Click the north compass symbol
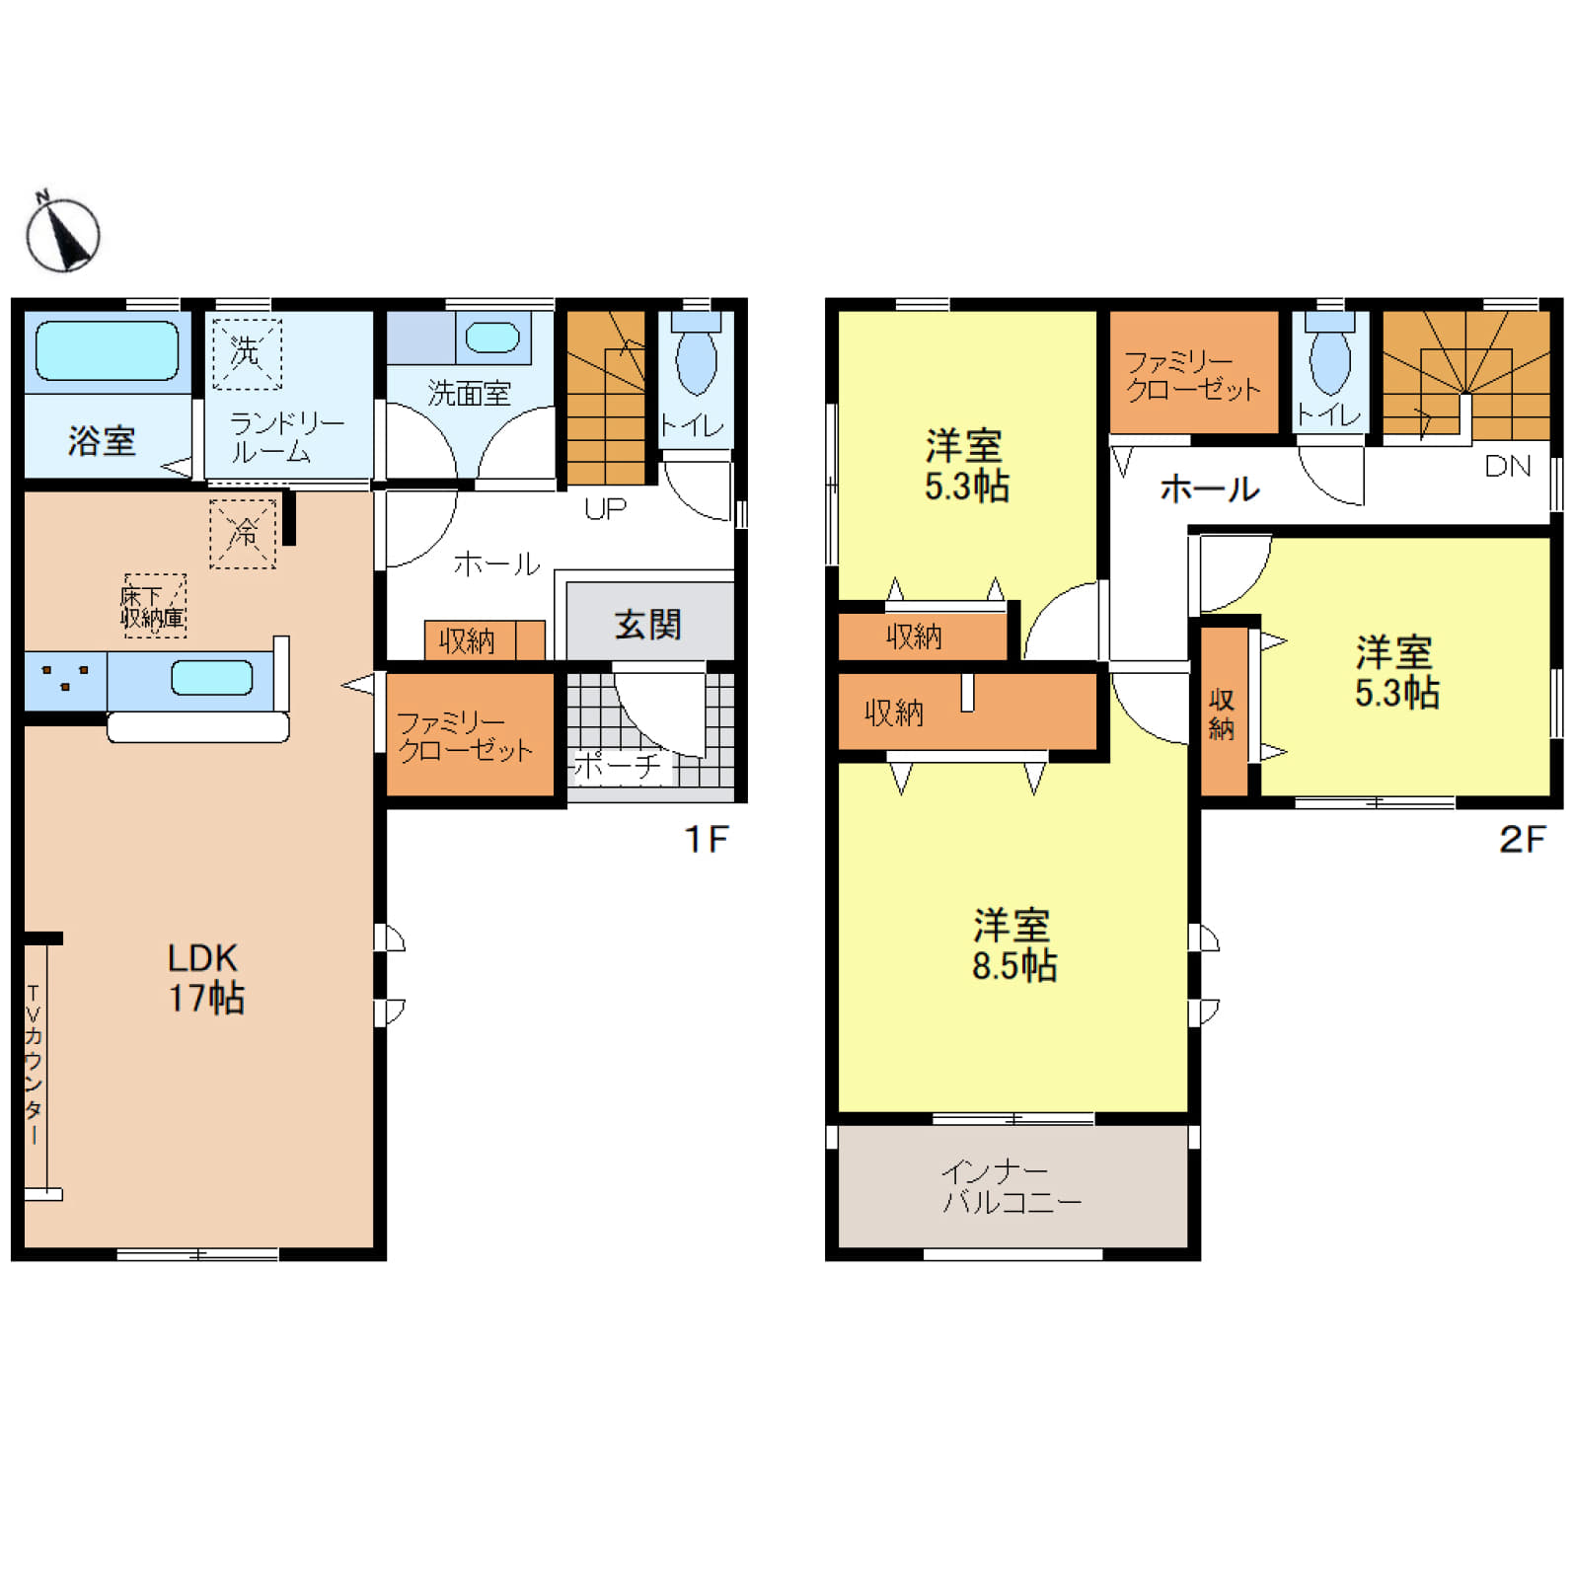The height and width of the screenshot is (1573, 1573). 62,235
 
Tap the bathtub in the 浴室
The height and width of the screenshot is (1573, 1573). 107,350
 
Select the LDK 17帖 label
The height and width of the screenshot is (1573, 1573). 205,978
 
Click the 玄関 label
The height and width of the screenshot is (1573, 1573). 647,625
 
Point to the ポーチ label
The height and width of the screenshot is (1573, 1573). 618,766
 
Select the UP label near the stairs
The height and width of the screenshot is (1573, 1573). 605,509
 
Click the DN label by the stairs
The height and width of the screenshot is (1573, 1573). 1507,467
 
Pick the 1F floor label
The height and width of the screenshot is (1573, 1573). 707,840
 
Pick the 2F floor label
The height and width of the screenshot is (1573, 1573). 1522,840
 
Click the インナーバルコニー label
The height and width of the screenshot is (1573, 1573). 1011,1187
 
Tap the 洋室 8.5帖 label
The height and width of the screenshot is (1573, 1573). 1013,945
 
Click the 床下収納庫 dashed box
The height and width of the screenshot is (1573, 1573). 155,606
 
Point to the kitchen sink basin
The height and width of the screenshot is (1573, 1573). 211,678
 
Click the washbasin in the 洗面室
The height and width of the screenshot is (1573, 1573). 492,337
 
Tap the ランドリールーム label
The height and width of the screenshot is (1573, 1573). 286,437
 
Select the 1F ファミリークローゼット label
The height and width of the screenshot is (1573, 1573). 465,736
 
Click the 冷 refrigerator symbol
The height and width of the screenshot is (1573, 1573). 243,533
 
